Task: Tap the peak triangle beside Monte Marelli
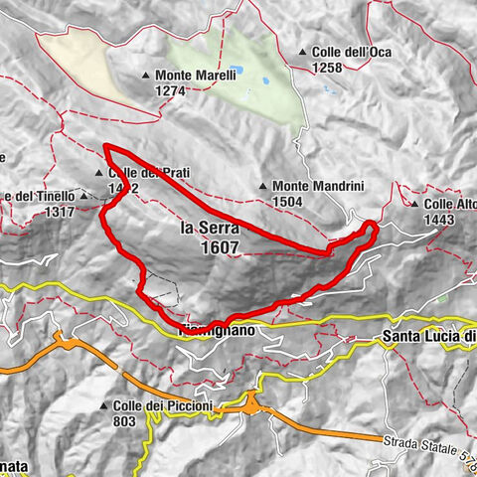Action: (x=146, y=76)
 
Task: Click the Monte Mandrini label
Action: (x=308, y=186)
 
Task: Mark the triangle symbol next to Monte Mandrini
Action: (x=261, y=186)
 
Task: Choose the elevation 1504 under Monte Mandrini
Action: (x=288, y=201)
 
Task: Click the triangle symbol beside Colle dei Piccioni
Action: (x=103, y=405)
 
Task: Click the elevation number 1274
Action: (x=171, y=90)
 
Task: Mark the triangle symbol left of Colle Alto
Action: (x=401, y=204)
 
